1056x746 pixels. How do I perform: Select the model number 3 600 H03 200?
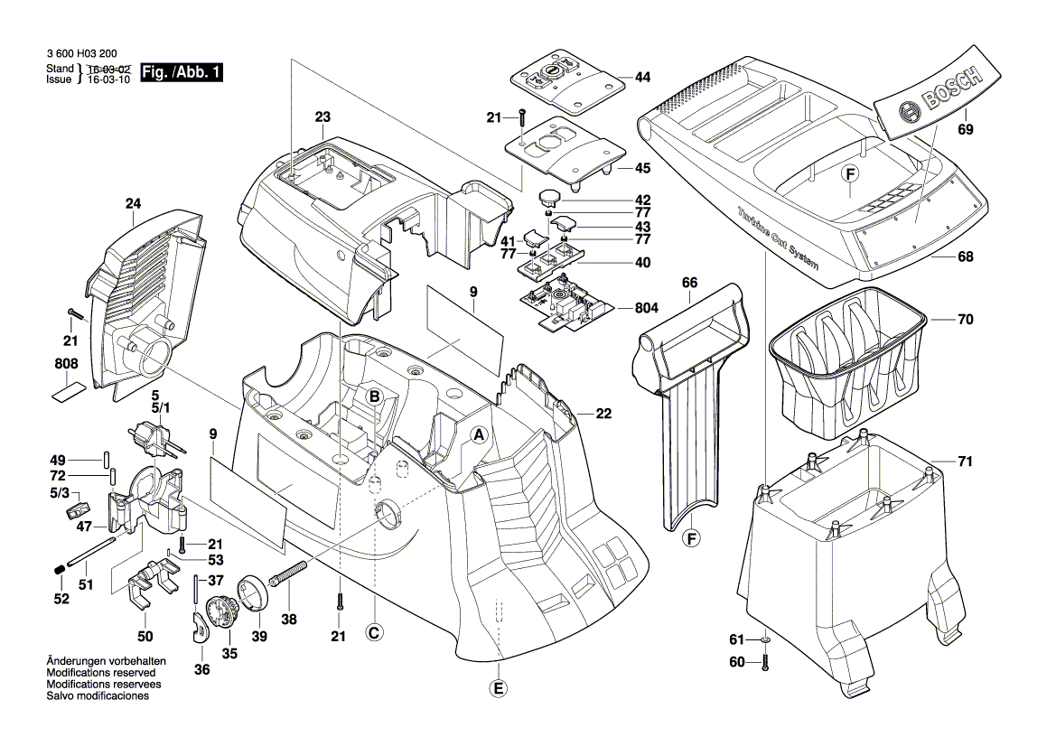(x=80, y=55)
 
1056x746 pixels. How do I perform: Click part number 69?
(x=966, y=130)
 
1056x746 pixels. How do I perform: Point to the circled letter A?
(x=480, y=434)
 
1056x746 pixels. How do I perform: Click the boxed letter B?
(x=373, y=395)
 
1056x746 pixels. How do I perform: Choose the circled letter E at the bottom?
(x=498, y=688)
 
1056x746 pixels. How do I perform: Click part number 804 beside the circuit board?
(x=646, y=308)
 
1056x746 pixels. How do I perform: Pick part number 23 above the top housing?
(x=322, y=117)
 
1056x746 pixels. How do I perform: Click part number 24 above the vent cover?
(x=134, y=204)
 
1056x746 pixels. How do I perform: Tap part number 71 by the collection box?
(x=965, y=462)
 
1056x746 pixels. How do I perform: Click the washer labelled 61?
(x=765, y=640)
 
